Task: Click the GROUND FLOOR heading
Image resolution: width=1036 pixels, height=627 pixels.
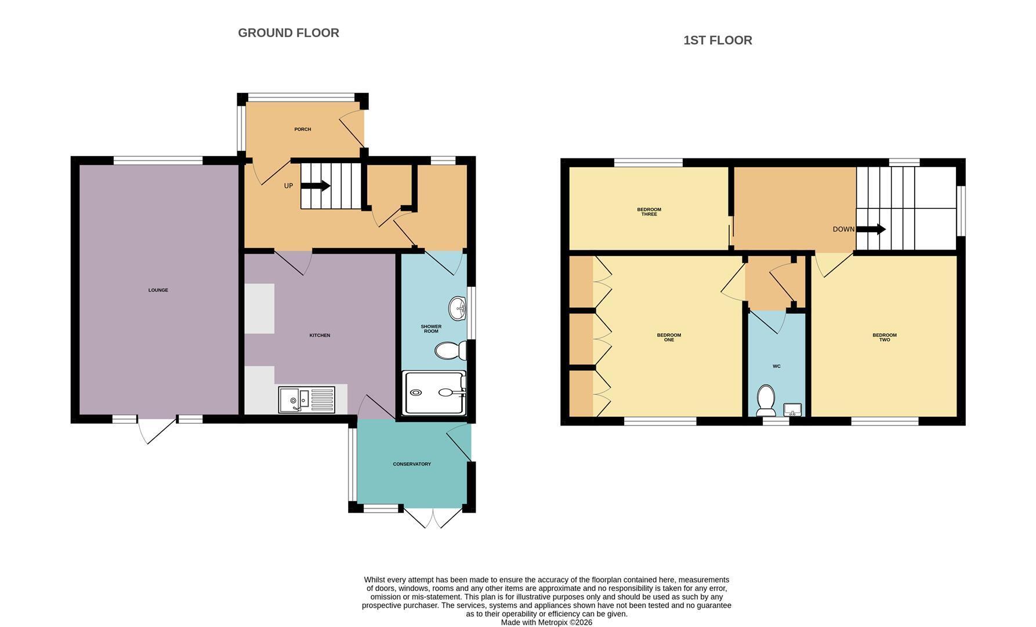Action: click(288, 33)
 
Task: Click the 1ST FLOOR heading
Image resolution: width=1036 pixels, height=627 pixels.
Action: click(718, 41)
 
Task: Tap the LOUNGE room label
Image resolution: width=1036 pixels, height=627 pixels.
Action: click(158, 290)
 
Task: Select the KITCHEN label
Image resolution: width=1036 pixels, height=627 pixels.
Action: click(320, 336)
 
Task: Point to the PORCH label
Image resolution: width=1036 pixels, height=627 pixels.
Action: click(303, 129)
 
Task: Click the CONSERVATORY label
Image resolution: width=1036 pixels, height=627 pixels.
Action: click(412, 464)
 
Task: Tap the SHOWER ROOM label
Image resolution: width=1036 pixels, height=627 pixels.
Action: click(431, 329)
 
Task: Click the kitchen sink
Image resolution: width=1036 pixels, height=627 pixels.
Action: click(307, 399)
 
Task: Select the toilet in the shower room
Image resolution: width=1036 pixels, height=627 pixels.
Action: click(451, 350)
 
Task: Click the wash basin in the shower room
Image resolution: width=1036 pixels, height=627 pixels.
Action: click(458, 308)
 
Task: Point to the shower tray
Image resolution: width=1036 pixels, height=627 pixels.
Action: click(434, 393)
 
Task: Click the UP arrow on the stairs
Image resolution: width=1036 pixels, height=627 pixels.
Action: click(316, 186)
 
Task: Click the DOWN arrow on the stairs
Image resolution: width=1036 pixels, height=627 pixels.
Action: click(871, 229)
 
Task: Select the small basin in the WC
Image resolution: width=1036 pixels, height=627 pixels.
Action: click(792, 410)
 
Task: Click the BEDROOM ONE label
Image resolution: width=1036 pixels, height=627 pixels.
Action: click(669, 337)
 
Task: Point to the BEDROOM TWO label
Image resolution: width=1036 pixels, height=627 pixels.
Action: click(885, 337)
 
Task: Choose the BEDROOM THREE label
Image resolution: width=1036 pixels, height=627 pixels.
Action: click(649, 212)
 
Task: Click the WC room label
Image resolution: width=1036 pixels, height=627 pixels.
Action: click(777, 366)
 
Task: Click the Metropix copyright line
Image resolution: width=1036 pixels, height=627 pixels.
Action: click(546, 622)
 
